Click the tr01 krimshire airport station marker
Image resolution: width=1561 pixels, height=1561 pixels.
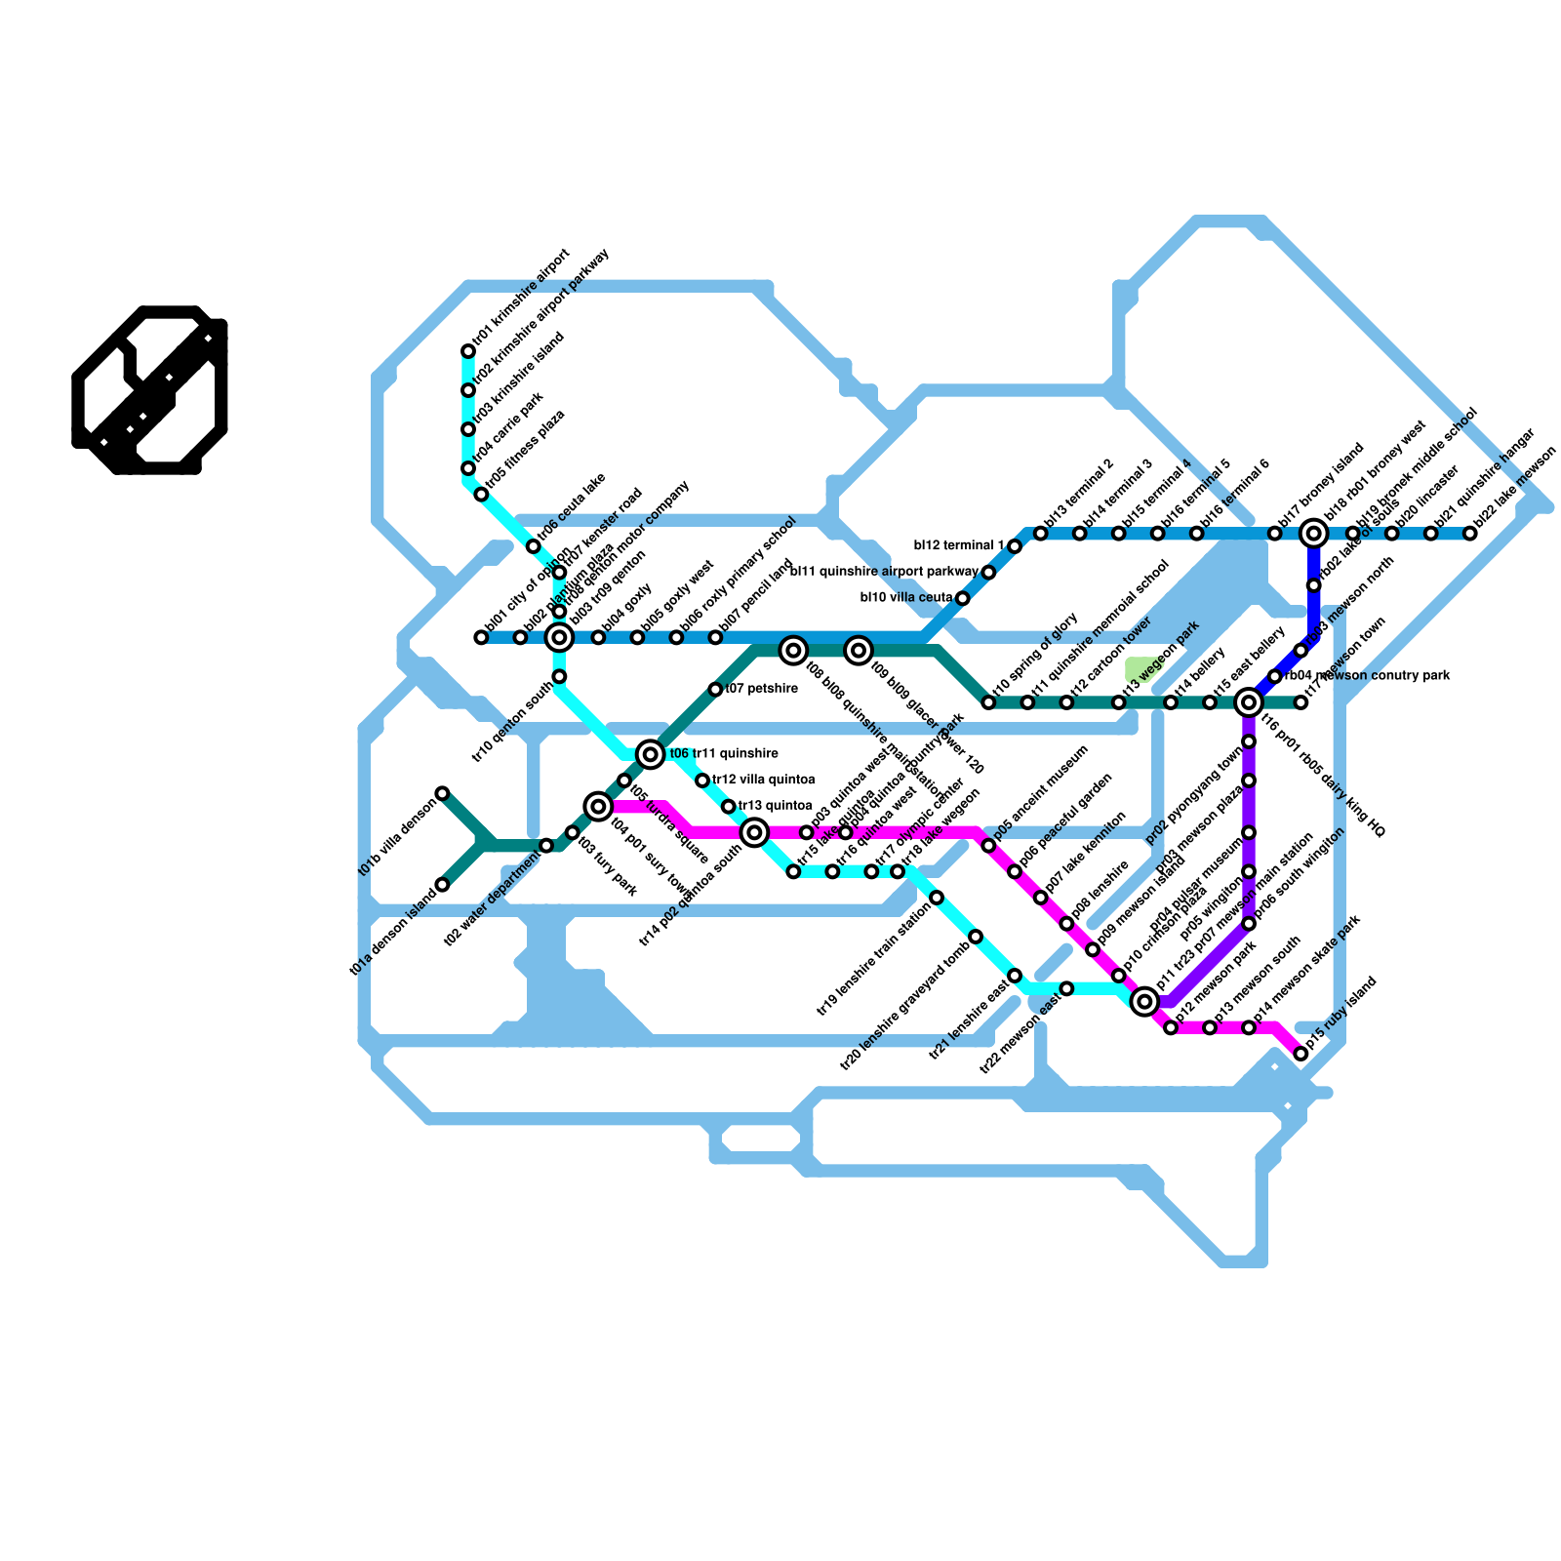coord(468,351)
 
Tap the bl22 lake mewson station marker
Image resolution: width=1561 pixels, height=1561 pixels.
coord(1469,534)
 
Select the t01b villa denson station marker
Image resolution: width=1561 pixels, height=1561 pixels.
coord(442,793)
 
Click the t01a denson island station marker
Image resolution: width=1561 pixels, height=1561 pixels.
coord(442,885)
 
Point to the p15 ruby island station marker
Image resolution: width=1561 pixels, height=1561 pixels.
coord(1301,1054)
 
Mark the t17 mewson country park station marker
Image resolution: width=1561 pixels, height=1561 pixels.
coord(1301,702)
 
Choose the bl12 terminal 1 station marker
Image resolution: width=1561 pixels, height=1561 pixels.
coord(1015,546)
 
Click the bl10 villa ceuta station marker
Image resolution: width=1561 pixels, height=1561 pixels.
coord(963,598)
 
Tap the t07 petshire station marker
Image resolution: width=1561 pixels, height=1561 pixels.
coord(715,690)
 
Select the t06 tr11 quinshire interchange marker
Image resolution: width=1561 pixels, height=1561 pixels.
coord(651,754)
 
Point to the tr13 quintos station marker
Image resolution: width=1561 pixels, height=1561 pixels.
coord(729,807)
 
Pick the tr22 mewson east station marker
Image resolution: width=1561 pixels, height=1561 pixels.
coord(1066,988)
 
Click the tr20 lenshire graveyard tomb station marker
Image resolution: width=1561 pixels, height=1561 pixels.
coord(976,937)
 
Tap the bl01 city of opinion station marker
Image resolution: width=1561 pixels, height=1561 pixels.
coord(481,637)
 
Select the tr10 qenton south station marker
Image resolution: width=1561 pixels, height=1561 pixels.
coord(559,676)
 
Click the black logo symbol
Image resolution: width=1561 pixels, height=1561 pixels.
coord(150,390)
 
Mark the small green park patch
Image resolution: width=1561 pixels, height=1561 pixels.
coord(1138,669)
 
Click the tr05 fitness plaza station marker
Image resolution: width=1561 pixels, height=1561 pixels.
coord(481,495)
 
